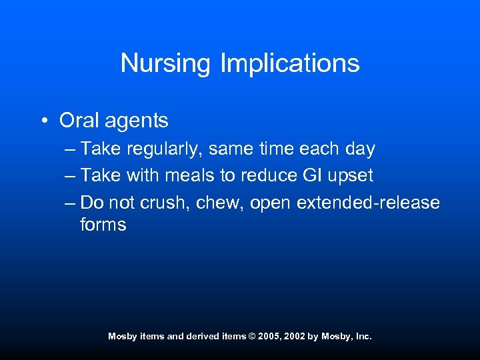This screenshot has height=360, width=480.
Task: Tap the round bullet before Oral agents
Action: click(x=43, y=121)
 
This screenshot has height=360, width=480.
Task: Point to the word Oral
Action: click(x=76, y=121)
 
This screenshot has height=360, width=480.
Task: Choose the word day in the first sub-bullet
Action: click(x=361, y=149)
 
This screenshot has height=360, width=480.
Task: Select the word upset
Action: click(x=353, y=176)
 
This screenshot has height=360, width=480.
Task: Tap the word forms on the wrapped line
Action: click(x=103, y=225)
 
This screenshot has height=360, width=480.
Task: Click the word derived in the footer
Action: click(x=203, y=337)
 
